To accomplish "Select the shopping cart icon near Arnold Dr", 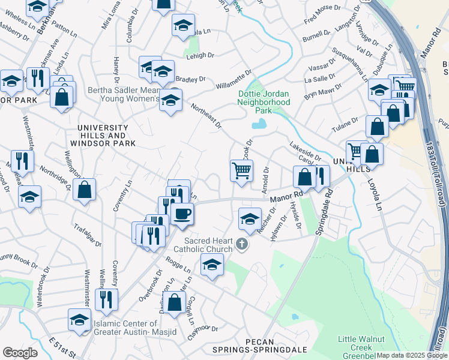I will pos(241,170).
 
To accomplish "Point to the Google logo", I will pos(20,353).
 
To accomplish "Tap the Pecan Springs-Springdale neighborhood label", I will pos(260,349).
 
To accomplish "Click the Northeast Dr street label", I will pos(206,116).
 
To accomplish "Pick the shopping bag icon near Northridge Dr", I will pos(85,189).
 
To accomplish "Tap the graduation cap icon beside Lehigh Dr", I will pos(183,26).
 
